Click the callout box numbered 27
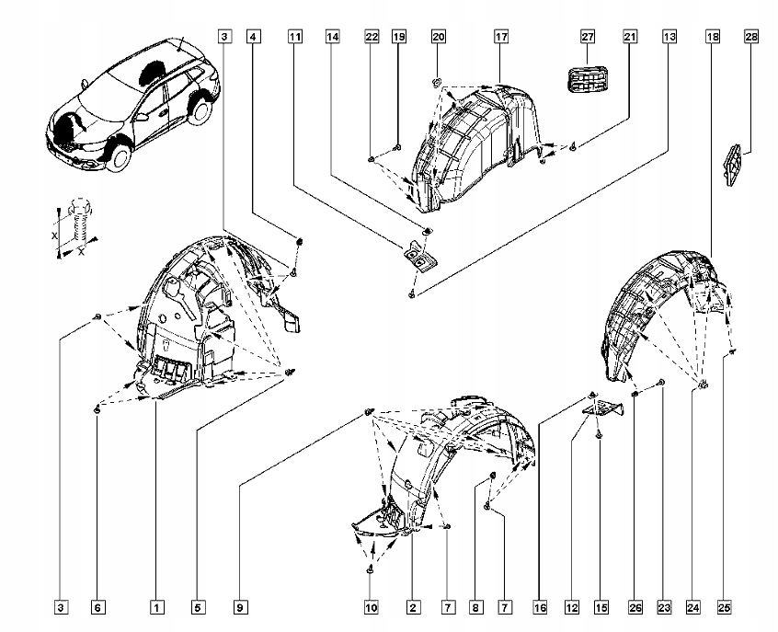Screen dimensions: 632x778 point(588,38)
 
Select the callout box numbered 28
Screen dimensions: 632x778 point(750,38)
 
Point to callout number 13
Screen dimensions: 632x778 point(670,38)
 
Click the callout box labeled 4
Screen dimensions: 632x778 point(254,38)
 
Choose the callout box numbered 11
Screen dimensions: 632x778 point(294,38)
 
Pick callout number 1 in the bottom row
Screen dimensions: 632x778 point(157,607)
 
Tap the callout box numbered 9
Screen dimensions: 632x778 point(240,607)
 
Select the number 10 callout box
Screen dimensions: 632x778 point(371,607)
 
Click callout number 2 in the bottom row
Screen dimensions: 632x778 point(414,607)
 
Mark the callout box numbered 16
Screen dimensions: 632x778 point(541,607)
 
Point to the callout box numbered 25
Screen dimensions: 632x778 point(725,607)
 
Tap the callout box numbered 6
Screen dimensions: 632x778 point(97,607)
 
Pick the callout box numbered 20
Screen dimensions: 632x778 point(438,38)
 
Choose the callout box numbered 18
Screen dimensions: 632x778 point(712,38)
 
